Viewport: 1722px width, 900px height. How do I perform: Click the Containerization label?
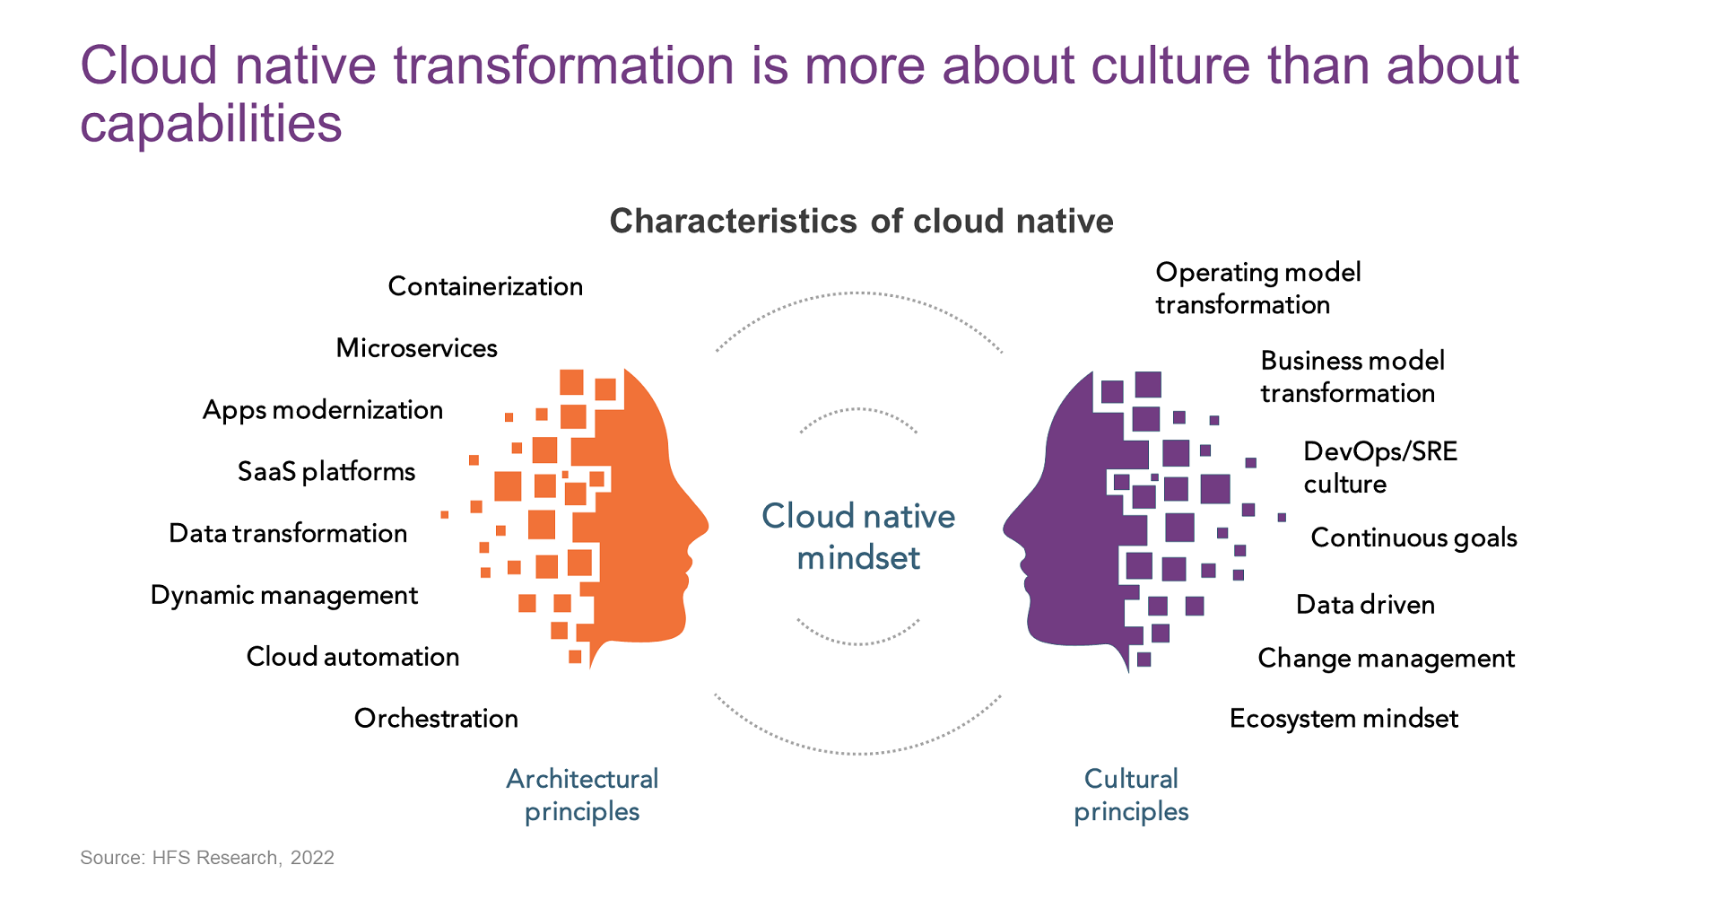tap(485, 286)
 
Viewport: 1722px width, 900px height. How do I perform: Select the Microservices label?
tap(416, 348)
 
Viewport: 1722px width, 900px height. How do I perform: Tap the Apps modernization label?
tap(323, 410)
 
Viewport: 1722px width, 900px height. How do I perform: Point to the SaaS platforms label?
tap(326, 472)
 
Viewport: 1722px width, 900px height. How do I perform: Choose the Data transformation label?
tap(288, 534)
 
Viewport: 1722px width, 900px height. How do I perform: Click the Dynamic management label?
tap(284, 596)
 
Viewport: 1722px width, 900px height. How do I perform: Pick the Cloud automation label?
tap(352, 657)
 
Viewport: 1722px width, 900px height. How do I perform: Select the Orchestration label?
tap(436, 719)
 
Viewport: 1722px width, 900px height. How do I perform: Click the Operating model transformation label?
tap(1258, 288)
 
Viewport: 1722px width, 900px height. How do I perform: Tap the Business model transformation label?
tap(1352, 377)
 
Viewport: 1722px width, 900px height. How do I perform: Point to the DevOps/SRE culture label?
tap(1380, 467)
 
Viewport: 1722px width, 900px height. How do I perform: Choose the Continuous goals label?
tap(1414, 538)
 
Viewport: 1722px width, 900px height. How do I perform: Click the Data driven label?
tap(1365, 605)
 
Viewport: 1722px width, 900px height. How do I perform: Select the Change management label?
tap(1387, 659)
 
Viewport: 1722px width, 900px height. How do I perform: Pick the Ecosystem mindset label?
tap(1344, 719)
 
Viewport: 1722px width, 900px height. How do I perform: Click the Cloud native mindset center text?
tap(858, 537)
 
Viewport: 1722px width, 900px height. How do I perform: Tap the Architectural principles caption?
tap(582, 795)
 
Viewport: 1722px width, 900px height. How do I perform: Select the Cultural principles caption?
tap(1131, 795)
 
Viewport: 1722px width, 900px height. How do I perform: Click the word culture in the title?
tap(1170, 66)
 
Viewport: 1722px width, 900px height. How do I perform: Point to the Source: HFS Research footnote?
tap(207, 858)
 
